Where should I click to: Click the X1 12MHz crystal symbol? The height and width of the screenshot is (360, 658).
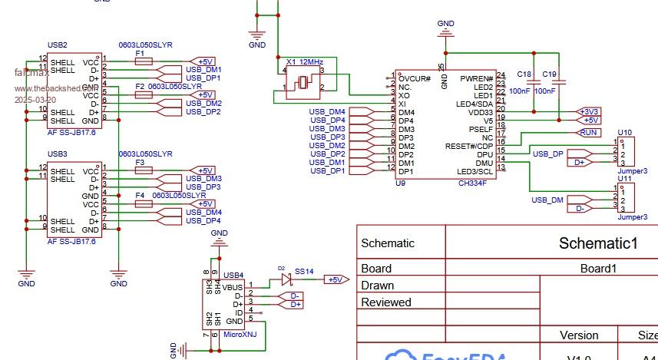tap(304, 81)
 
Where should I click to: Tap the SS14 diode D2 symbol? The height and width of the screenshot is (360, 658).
tap(286, 279)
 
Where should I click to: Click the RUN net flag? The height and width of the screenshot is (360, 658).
tap(589, 133)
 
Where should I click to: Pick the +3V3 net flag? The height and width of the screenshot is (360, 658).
tap(589, 111)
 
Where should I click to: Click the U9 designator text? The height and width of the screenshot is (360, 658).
tap(400, 183)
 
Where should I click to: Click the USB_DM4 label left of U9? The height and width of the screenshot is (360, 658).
tap(327, 112)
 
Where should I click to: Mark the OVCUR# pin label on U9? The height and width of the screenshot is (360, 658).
tap(415, 78)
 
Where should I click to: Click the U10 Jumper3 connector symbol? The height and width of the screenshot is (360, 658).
tap(627, 152)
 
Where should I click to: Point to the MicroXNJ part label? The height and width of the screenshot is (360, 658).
tap(240, 335)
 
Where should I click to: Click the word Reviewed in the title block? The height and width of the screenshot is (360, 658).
tap(386, 302)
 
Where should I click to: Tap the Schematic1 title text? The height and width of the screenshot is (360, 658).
tap(599, 243)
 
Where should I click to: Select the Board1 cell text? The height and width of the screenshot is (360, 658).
tap(599, 269)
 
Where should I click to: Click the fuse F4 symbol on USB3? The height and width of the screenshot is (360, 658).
tap(143, 204)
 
